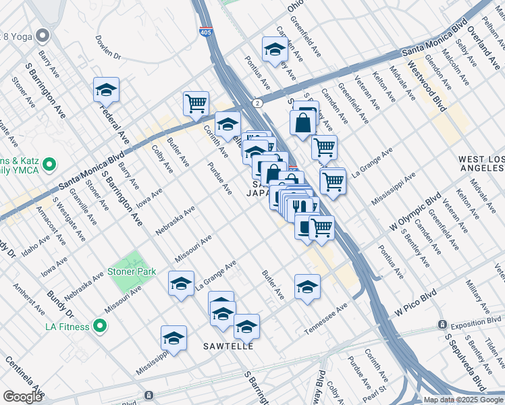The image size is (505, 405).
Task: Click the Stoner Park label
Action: point(132,272)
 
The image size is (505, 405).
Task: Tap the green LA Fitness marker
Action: point(101,327)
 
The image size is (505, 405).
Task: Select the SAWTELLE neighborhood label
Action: point(229,346)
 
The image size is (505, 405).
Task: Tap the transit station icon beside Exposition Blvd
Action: point(443,324)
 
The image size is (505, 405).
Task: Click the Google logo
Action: point(22,396)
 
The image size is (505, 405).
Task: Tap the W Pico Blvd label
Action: point(417,305)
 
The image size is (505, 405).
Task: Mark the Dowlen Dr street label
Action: point(107,47)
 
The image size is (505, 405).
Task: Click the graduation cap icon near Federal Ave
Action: point(106,89)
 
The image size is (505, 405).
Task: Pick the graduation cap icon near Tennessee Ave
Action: point(307,286)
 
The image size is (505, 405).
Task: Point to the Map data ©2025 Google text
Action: point(462,400)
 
